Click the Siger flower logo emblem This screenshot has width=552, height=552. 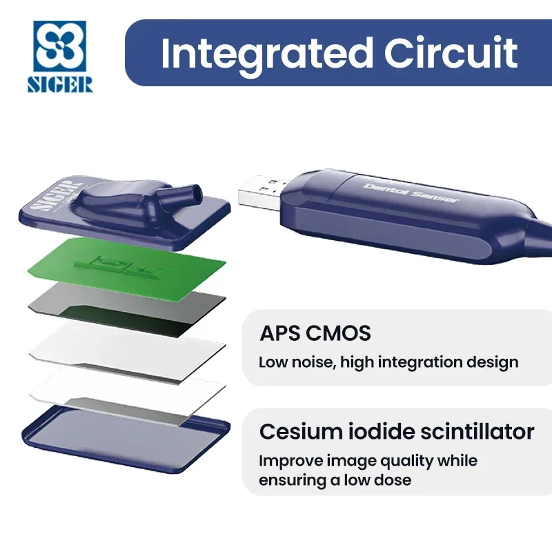[59, 46]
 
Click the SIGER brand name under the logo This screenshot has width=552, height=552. [60, 84]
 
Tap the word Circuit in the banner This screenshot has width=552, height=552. [451, 53]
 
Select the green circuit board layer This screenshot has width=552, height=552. [127, 268]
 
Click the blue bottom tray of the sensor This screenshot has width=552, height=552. [126, 438]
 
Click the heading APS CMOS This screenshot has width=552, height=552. [315, 333]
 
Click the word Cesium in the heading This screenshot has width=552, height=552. [301, 431]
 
